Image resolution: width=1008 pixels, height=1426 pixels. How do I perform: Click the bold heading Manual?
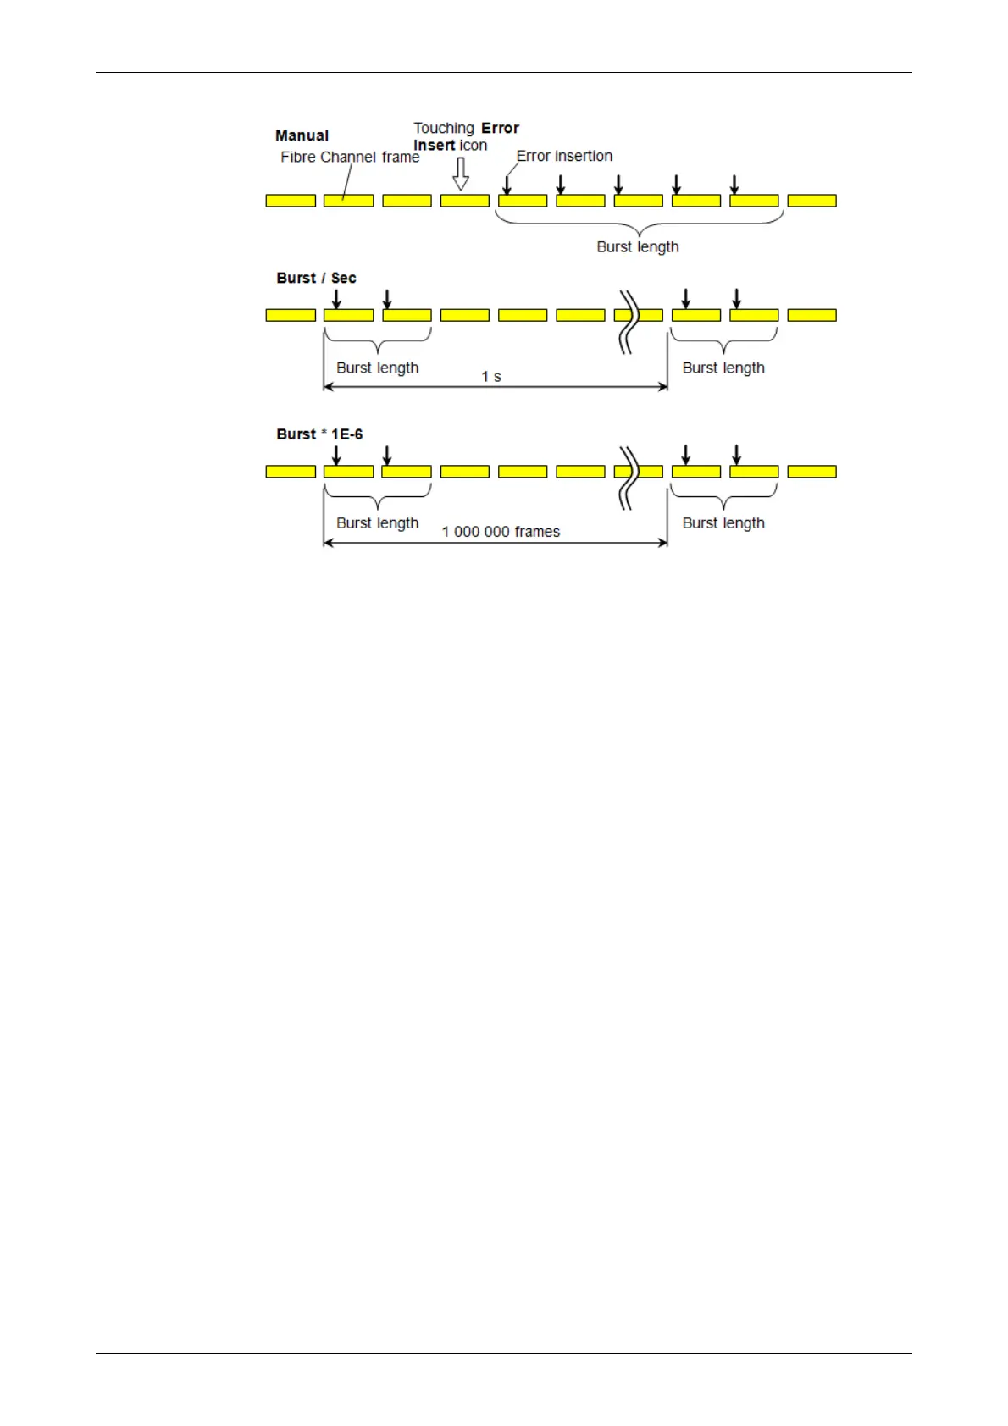pyautogui.click(x=302, y=135)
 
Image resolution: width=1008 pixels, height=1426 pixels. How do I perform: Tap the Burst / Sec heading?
pyautogui.click(x=316, y=278)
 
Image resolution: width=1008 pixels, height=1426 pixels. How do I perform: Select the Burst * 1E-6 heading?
pyautogui.click(x=319, y=434)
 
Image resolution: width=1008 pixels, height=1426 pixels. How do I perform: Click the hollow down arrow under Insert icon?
pyautogui.click(x=461, y=174)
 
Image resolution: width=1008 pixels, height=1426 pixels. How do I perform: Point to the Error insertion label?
pyautogui.click(x=564, y=156)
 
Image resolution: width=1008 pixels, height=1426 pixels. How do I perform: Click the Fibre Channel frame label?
pyautogui.click(x=350, y=157)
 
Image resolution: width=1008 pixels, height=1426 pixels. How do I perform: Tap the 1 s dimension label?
pyautogui.click(x=491, y=376)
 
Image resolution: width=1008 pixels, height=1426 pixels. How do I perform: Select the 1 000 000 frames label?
pyautogui.click(x=501, y=532)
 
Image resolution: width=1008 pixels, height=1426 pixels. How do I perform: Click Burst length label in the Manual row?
pyautogui.click(x=638, y=246)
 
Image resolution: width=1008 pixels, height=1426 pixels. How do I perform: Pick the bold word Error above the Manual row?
pyautogui.click(x=500, y=128)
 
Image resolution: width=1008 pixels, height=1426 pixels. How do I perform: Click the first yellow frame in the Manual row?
pyautogui.click(x=291, y=201)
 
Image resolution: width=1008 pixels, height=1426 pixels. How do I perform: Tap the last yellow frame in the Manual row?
pyautogui.click(x=811, y=201)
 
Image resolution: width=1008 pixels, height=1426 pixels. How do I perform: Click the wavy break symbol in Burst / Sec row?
pyautogui.click(x=628, y=322)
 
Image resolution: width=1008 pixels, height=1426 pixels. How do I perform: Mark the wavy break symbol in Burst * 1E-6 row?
pyautogui.click(x=628, y=478)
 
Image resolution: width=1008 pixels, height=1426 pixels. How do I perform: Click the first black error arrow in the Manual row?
pyautogui.click(x=507, y=185)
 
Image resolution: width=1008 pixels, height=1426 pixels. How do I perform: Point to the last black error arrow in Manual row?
pyautogui.click(x=734, y=185)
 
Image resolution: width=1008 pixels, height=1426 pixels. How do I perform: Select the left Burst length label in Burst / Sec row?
pyautogui.click(x=377, y=368)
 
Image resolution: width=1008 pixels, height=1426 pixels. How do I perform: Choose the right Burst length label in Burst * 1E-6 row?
pyautogui.click(x=723, y=523)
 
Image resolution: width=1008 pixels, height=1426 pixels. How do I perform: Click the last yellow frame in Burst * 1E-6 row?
pyautogui.click(x=811, y=472)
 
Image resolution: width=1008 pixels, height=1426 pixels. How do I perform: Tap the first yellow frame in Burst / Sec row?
pyautogui.click(x=291, y=315)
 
